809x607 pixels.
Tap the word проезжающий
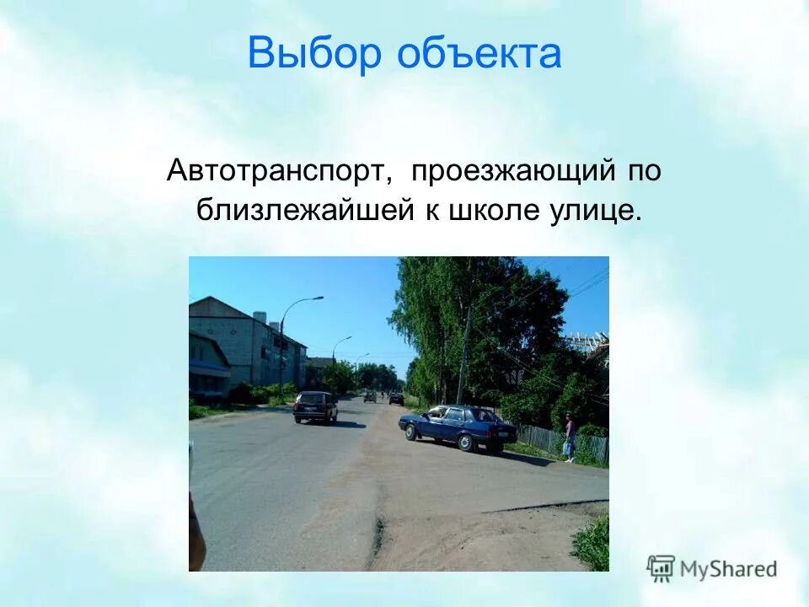(x=513, y=171)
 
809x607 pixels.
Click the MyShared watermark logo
(x=712, y=569)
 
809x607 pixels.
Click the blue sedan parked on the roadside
(x=459, y=427)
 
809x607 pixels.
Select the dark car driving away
(x=315, y=407)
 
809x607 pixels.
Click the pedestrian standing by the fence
(x=571, y=438)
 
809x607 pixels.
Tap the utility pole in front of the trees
(x=463, y=358)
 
